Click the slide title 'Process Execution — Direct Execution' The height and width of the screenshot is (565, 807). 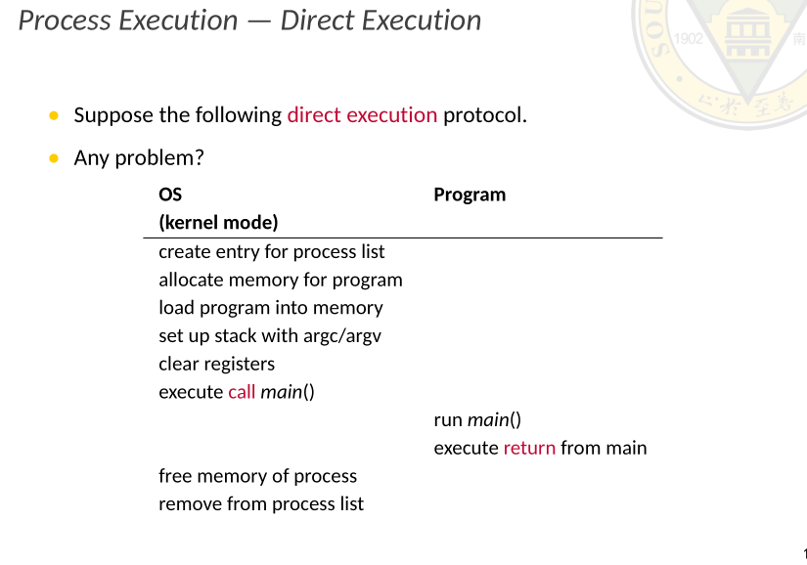(249, 21)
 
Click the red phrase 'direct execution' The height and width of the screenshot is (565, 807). (362, 115)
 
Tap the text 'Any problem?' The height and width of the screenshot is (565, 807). (138, 157)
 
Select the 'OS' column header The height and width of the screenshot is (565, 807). (170, 195)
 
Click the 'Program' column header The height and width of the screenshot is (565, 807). (470, 195)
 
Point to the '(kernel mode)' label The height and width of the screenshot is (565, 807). (218, 223)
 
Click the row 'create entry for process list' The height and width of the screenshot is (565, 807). (272, 252)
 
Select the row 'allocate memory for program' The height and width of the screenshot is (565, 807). (281, 281)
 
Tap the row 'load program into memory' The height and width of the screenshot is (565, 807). (271, 308)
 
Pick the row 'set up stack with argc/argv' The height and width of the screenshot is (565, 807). (270, 336)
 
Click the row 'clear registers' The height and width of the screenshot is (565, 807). (217, 365)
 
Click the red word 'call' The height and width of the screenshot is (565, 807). (242, 393)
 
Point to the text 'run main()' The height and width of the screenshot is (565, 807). (477, 420)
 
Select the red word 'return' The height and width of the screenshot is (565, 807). (529, 449)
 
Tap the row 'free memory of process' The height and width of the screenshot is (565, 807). (258, 477)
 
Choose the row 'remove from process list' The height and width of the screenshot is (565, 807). (261, 504)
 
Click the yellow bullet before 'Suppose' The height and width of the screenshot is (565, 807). (53, 116)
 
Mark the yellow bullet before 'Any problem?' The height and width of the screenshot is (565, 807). (53, 158)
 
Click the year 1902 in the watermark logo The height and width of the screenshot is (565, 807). (690, 40)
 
